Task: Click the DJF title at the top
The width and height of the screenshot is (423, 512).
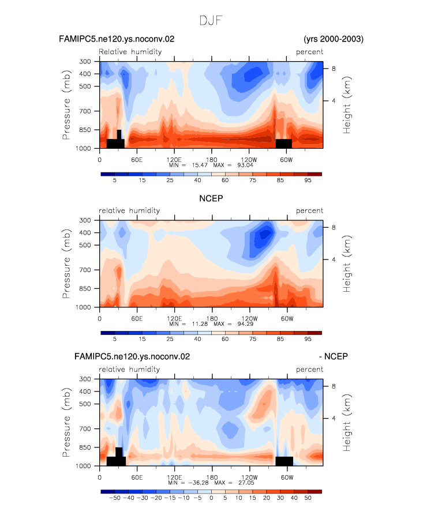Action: tap(211, 21)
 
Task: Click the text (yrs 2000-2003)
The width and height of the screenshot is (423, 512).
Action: tap(334, 39)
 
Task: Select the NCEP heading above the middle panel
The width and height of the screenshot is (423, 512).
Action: tap(211, 198)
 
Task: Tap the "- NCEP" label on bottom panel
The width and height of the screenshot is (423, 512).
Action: tap(334, 356)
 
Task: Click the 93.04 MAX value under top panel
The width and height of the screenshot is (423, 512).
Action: tap(245, 165)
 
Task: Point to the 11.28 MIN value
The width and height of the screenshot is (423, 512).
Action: tap(200, 323)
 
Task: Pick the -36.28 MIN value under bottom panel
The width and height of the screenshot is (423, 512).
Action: tap(199, 483)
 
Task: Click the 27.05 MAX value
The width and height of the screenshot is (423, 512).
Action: tap(246, 483)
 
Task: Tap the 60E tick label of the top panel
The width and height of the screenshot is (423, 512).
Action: tap(137, 160)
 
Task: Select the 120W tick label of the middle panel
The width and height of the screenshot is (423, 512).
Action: tap(249, 318)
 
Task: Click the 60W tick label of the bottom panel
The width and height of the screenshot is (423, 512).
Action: tap(287, 477)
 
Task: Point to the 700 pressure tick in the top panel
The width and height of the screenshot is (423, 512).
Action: tap(85, 111)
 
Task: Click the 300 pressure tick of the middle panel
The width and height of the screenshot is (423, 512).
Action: tap(85, 220)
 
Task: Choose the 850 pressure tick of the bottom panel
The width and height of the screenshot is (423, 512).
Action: tap(85, 447)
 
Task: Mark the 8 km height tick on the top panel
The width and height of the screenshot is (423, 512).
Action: tap(334, 69)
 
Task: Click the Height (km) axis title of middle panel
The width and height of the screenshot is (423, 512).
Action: tap(346, 264)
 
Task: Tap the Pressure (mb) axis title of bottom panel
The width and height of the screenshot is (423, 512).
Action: tap(66, 423)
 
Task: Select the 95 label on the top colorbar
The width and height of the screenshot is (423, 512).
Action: tap(308, 180)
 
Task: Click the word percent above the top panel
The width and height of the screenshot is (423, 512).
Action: tap(309, 52)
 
